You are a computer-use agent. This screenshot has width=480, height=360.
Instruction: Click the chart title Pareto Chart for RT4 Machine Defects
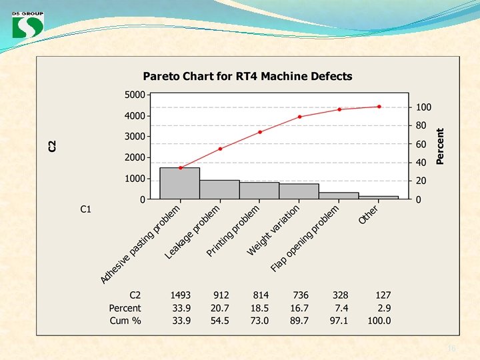(x=247, y=76)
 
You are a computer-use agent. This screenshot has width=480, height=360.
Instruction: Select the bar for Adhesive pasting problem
(x=180, y=183)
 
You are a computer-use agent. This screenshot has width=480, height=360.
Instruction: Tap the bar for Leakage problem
(x=219, y=189)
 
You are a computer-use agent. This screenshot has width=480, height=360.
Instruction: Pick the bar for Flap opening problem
(x=339, y=195)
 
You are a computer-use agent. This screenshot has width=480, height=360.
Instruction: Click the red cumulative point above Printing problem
(x=260, y=132)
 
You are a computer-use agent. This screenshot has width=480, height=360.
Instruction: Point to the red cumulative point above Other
(x=379, y=107)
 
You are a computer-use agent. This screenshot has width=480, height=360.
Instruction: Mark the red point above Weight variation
(x=300, y=117)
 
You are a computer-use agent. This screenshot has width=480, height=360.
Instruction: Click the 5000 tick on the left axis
(x=135, y=95)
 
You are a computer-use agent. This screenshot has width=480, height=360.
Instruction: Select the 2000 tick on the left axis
(x=135, y=157)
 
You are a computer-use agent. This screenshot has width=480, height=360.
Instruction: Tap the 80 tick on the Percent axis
(x=421, y=125)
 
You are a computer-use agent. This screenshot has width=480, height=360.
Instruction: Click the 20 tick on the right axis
(x=421, y=181)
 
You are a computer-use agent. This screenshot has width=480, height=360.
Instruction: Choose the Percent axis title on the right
(x=439, y=146)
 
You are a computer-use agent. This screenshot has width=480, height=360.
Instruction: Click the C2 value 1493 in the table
(x=180, y=295)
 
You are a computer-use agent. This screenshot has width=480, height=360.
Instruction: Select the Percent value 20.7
(x=219, y=308)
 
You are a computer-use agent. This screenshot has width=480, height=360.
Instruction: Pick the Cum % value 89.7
(x=299, y=321)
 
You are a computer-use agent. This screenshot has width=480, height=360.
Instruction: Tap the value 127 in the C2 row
(x=383, y=295)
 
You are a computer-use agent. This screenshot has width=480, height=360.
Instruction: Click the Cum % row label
(x=125, y=321)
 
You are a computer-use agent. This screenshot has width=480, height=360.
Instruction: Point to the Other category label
(x=368, y=214)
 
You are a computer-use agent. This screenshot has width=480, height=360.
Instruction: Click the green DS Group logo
(x=28, y=25)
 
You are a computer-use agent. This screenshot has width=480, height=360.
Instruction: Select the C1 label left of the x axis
(x=85, y=209)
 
